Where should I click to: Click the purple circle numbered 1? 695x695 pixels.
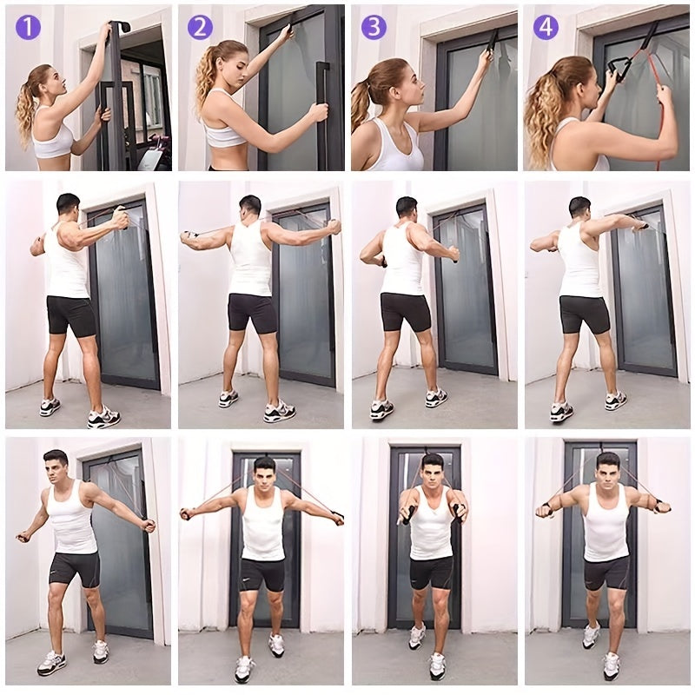click(x=28, y=27)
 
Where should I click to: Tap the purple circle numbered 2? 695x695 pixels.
click(x=200, y=27)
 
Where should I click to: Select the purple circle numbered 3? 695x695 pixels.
click(x=374, y=27)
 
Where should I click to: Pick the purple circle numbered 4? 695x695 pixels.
click(x=546, y=27)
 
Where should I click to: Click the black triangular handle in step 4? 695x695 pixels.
click(x=619, y=69)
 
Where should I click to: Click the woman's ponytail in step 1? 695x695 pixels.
click(x=28, y=105)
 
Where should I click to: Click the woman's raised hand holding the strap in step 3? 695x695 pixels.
click(x=487, y=56)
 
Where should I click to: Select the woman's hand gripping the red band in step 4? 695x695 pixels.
click(x=664, y=96)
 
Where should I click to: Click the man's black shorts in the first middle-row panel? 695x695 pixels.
click(x=71, y=316)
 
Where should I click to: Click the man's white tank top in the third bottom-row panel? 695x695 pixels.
click(x=431, y=524)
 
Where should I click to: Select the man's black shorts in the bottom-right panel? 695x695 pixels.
click(x=606, y=572)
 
